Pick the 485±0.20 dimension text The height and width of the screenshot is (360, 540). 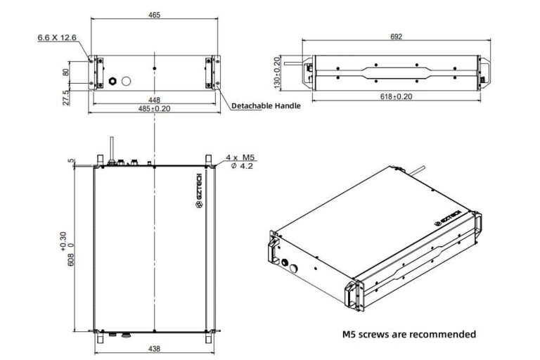[x=155, y=108]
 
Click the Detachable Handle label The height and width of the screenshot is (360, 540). [x=266, y=105]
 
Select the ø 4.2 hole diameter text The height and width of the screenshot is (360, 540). [x=240, y=167]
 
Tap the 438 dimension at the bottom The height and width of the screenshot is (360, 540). [x=154, y=348]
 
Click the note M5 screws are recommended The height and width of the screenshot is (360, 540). [x=409, y=334]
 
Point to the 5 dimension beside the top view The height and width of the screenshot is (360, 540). [x=71, y=161]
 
